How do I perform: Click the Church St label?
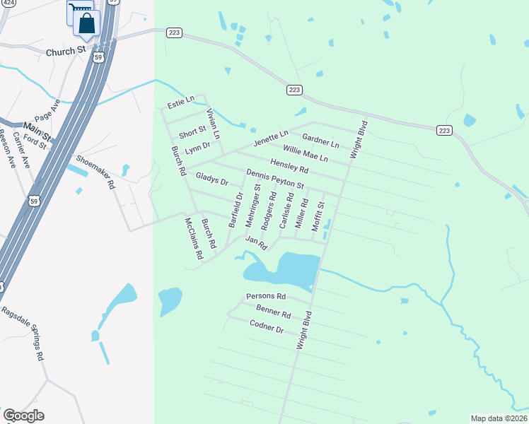(66, 52)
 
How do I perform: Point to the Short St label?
(192, 132)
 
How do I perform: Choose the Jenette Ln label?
(272, 136)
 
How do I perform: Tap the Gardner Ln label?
(320, 140)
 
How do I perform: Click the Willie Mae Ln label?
(306, 153)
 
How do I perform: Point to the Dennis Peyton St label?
(275, 179)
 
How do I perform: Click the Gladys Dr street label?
(212, 180)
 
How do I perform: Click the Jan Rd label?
(255, 242)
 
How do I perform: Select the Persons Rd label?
(266, 296)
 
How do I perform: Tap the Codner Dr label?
(267, 326)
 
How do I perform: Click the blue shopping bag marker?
(86, 23)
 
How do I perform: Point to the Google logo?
(23, 416)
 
